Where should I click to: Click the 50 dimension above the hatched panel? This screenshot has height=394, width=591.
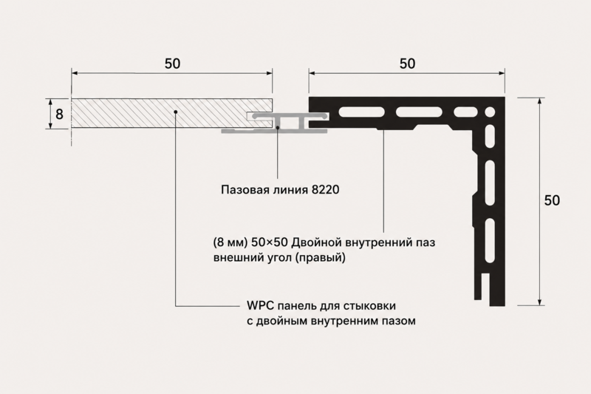[172, 64]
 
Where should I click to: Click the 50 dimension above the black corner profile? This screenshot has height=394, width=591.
[408, 64]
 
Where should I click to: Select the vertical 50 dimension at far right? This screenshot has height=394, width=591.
[552, 200]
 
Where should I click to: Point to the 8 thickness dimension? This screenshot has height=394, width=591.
[59, 114]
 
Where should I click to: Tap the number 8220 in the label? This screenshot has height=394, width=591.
[326, 189]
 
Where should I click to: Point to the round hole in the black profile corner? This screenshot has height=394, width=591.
[490, 112]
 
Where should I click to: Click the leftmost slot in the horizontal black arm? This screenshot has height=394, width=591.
[362, 112]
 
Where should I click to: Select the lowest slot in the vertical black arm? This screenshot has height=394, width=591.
[490, 240]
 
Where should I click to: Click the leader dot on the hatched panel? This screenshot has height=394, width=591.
[176, 111]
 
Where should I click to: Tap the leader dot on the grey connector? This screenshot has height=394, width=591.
[278, 128]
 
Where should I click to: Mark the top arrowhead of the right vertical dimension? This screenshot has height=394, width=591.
[540, 101]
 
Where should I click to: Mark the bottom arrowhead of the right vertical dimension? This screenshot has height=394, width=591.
[540, 302]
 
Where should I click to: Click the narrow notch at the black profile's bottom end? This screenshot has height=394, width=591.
[486, 288]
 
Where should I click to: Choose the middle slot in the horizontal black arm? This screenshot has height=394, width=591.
[419, 112]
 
